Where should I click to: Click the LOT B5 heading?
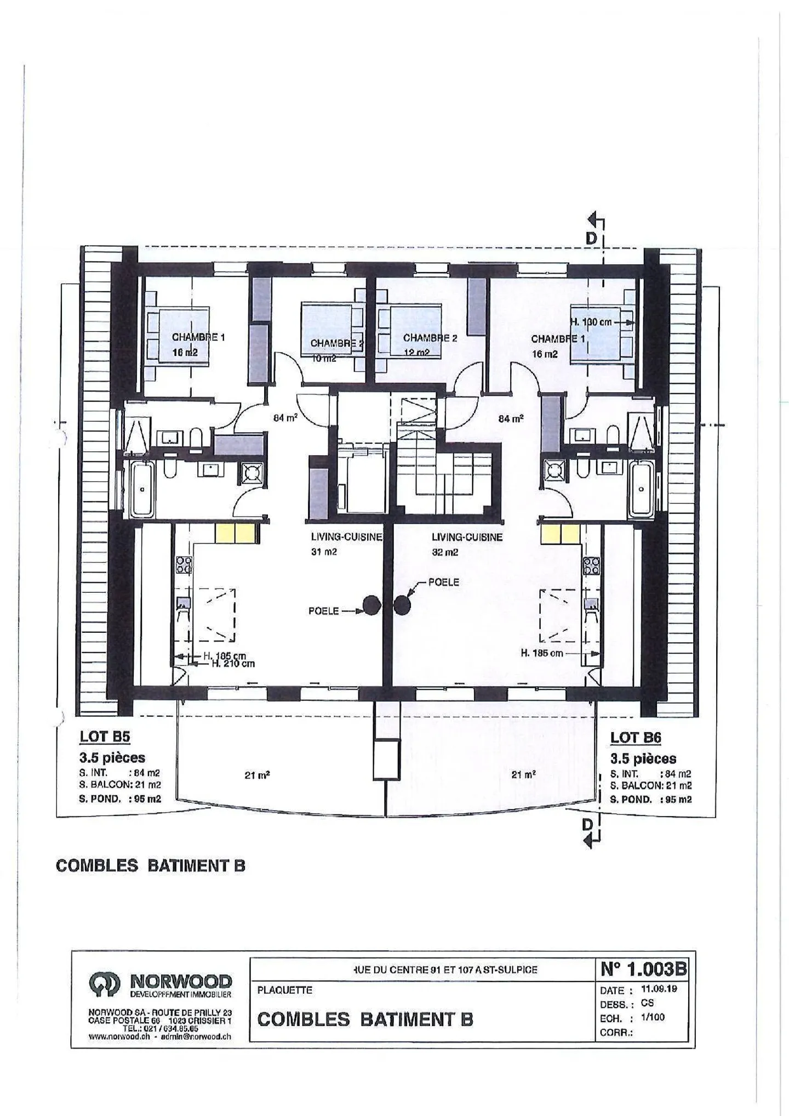click(105, 737)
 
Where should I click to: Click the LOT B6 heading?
click(636, 738)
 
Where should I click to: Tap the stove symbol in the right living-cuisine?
click(403, 605)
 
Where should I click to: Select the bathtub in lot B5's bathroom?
click(143, 488)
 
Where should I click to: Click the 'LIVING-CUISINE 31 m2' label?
click(346, 544)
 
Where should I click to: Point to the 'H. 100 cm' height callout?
click(592, 322)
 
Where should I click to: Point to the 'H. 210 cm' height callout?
click(233, 664)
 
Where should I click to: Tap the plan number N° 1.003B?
click(643, 969)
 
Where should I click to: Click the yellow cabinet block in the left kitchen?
click(235, 534)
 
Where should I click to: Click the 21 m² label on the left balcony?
click(257, 775)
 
